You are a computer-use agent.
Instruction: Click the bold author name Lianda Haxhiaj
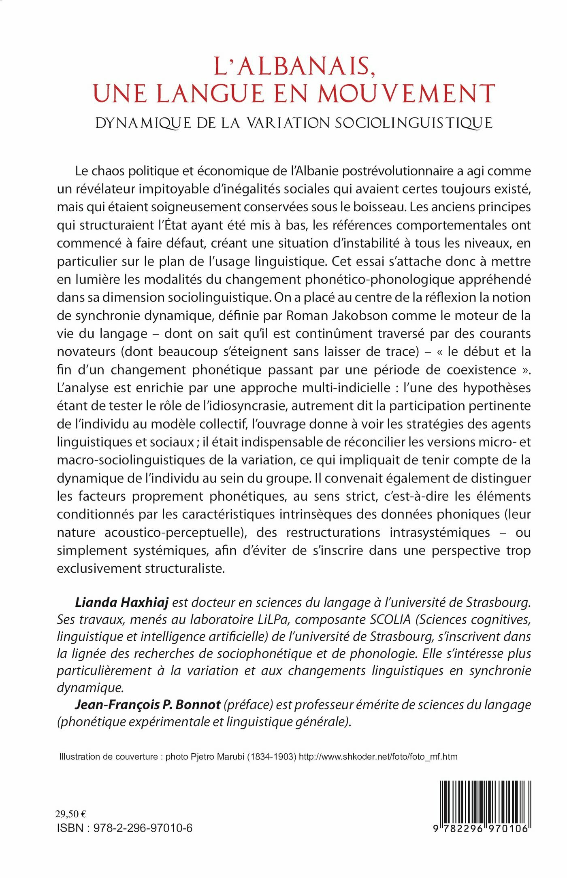pyautogui.click(x=121, y=603)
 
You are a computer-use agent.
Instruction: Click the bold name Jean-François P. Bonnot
pyautogui.click(x=147, y=705)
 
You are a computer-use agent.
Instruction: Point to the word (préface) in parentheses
pyautogui.click(x=248, y=705)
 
